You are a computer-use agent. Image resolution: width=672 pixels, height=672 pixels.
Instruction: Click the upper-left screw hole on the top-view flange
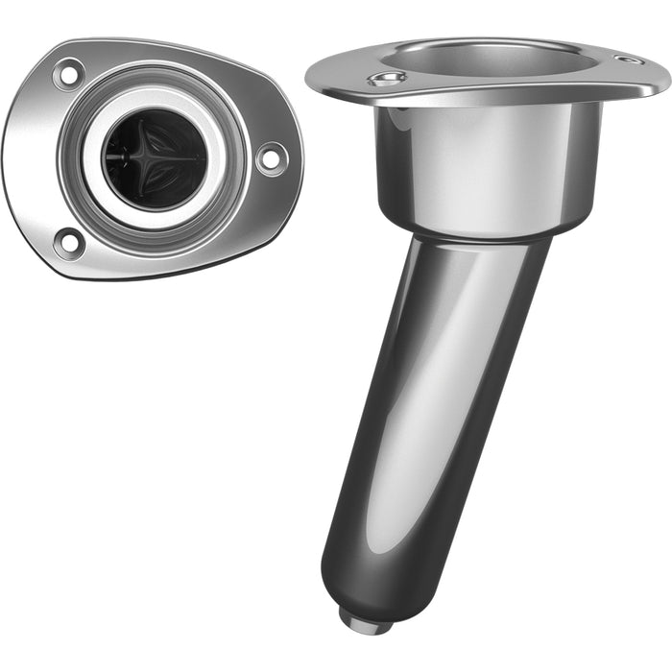pyautogui.click(x=67, y=74)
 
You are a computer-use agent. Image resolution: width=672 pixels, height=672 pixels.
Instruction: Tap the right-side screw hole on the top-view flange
pyautogui.click(x=270, y=157)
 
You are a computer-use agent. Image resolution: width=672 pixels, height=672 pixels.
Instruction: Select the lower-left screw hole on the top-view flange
pyautogui.click(x=68, y=241)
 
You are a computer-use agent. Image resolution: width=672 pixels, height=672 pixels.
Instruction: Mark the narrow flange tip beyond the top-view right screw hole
pyautogui.click(x=294, y=158)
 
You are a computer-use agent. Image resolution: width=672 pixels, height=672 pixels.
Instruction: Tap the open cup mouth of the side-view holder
pyautogui.click(x=499, y=58)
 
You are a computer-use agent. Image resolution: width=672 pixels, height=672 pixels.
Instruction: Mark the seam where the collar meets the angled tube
pyautogui.click(x=480, y=234)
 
